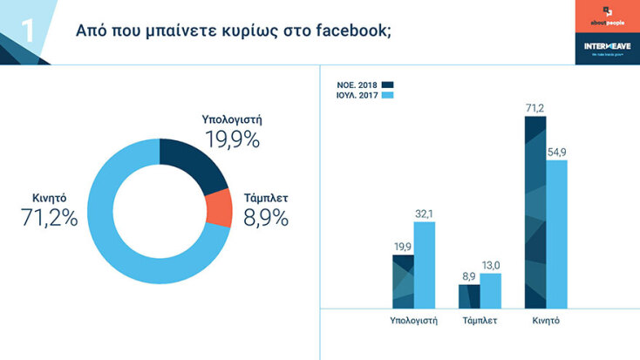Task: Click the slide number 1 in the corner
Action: point(27,31)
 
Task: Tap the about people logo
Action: point(607,17)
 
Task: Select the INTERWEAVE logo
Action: point(607,46)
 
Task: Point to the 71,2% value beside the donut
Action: point(50,219)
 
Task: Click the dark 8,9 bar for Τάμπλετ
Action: point(469,295)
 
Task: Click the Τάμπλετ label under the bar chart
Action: point(480,321)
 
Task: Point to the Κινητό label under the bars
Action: point(546,321)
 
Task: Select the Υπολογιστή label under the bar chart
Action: point(413,321)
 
